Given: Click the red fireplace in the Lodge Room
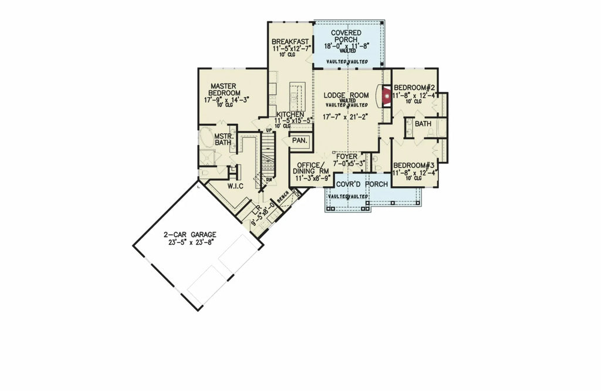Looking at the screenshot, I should click(x=386, y=96).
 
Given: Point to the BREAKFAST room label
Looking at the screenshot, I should click(x=290, y=42).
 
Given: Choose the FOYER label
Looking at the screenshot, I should click(x=346, y=156).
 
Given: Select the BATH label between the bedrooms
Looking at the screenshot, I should click(x=423, y=124).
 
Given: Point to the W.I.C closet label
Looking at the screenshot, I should click(x=237, y=187).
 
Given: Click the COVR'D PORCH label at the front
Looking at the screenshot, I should click(x=361, y=184).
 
